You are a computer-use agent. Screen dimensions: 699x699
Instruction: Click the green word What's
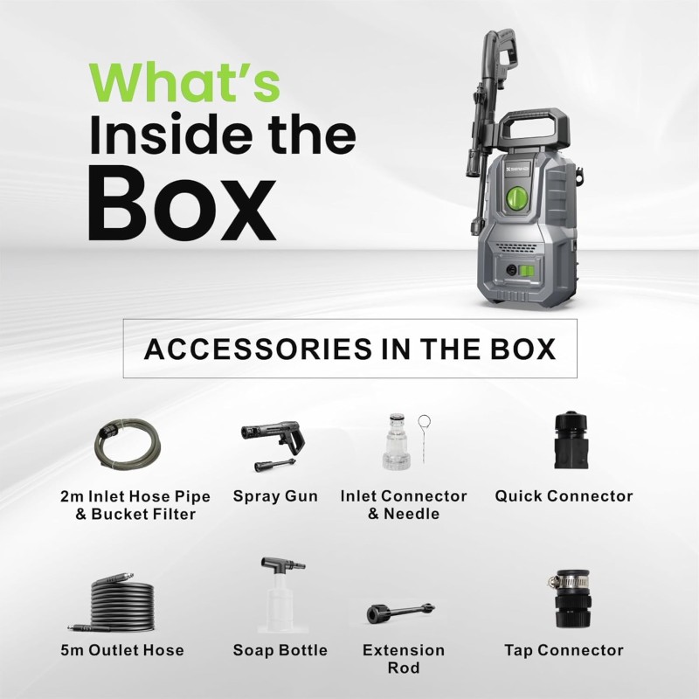coord(184,83)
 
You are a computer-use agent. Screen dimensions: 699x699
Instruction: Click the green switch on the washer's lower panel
coord(529,270)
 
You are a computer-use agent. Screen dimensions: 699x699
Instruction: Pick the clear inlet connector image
coord(395,442)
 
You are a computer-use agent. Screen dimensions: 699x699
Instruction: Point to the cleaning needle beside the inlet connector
coord(424,439)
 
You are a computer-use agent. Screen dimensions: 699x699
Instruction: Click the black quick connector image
coord(571,440)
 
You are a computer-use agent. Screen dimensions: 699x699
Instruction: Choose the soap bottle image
coord(281,594)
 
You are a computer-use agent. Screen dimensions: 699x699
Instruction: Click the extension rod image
coord(400,612)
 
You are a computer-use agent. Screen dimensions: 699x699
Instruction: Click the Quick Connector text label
coord(564,496)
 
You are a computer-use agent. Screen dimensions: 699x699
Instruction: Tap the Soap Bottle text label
coord(280,650)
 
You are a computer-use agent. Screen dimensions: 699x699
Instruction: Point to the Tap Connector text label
coord(564,650)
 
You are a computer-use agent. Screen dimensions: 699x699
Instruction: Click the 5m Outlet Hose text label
coord(122,650)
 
